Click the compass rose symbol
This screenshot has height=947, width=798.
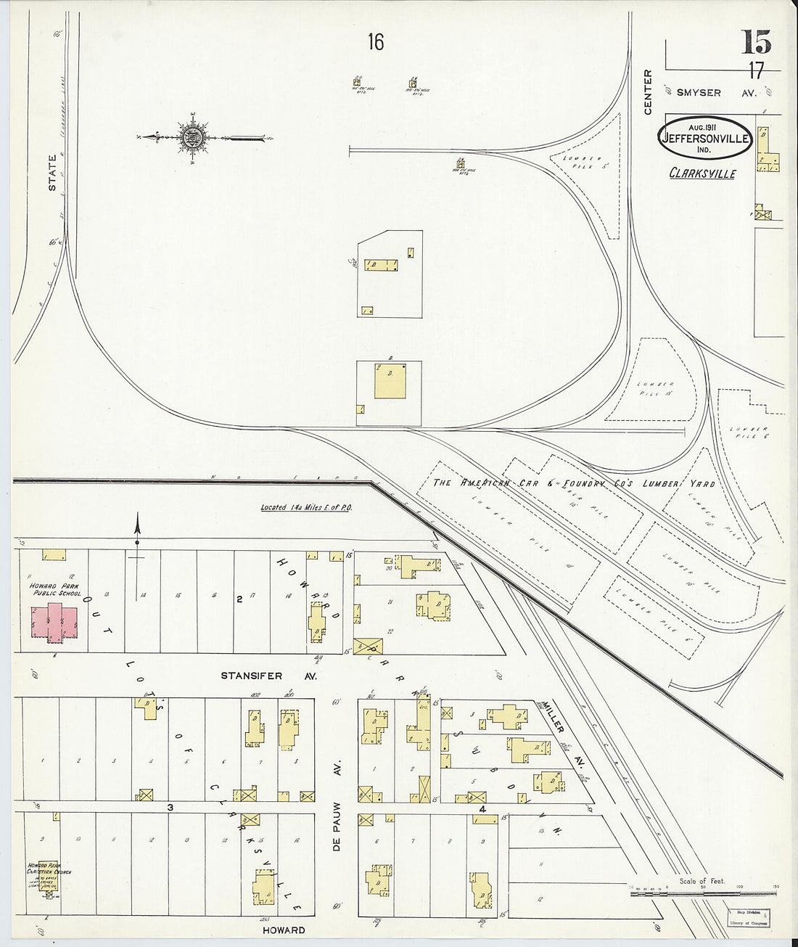pyautogui.click(x=194, y=137)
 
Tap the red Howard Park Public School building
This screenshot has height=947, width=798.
pyautogui.click(x=54, y=622)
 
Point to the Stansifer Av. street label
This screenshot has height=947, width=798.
pyautogui.click(x=251, y=676)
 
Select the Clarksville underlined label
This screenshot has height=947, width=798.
pyautogui.click(x=702, y=174)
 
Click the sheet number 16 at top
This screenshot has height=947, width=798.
pyautogui.click(x=375, y=43)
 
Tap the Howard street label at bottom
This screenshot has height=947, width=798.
pyautogui.click(x=284, y=930)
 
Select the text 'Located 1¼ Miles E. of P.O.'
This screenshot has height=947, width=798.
pyautogui.click(x=306, y=508)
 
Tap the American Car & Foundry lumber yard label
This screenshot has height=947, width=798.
pyautogui.click(x=573, y=484)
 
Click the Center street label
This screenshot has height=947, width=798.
pyautogui.click(x=648, y=92)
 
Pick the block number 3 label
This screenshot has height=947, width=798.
pyautogui.click(x=170, y=806)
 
